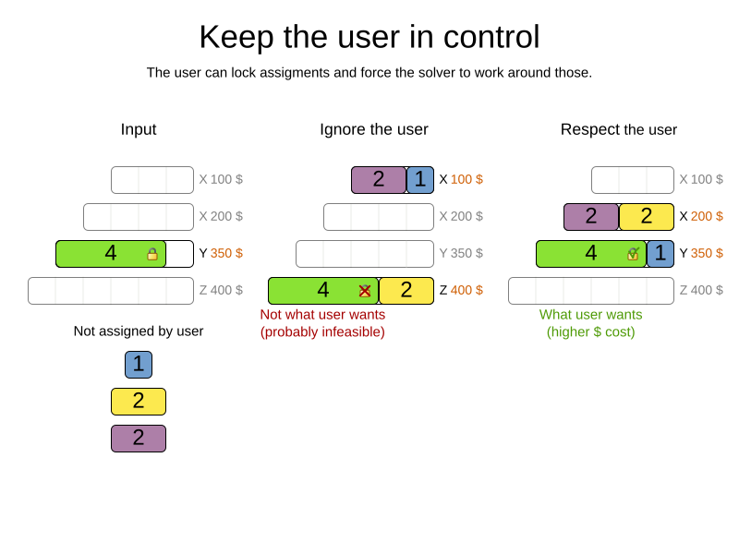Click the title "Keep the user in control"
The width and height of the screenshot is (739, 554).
(369, 37)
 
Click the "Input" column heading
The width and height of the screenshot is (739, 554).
(139, 129)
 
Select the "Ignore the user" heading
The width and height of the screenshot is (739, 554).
(374, 129)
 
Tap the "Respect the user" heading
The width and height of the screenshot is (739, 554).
(619, 129)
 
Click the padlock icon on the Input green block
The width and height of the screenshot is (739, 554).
(152, 254)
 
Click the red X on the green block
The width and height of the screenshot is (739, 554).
(365, 291)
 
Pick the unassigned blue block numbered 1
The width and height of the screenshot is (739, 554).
(139, 365)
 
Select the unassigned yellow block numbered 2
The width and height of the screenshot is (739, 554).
(139, 402)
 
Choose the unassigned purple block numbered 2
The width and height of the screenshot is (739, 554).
(139, 439)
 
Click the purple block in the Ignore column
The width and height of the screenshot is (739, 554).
(379, 180)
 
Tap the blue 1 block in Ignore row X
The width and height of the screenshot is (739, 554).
(420, 180)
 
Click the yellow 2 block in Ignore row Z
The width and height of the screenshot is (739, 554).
(406, 291)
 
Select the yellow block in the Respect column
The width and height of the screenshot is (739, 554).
(647, 217)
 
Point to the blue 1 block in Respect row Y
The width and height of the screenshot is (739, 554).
(660, 254)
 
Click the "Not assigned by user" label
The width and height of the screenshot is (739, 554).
(139, 331)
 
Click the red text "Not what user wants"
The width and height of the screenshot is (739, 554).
(322, 315)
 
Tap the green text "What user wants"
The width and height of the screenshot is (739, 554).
(590, 315)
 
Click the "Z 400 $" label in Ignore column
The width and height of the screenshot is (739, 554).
(461, 290)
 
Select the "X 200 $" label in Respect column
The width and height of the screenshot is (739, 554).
(701, 216)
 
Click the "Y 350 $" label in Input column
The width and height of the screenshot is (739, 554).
(221, 253)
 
